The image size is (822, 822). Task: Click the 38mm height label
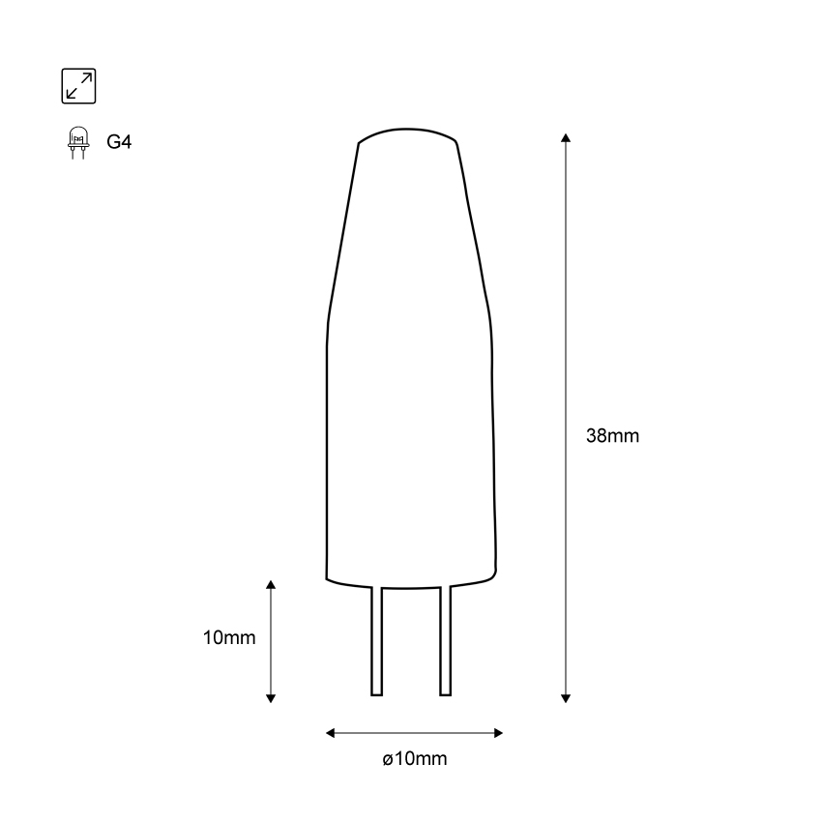click(612, 435)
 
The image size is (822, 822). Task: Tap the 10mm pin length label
click(229, 638)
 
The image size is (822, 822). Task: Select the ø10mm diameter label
click(414, 759)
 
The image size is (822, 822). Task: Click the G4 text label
click(119, 142)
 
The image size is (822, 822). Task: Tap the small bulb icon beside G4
click(77, 142)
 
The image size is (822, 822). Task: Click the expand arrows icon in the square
click(78, 85)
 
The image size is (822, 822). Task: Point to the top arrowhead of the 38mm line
click(566, 137)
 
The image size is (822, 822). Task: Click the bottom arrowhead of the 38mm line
click(566, 697)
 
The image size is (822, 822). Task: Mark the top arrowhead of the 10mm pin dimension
click(271, 585)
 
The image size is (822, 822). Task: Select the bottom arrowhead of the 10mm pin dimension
click(271, 697)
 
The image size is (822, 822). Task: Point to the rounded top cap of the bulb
click(407, 133)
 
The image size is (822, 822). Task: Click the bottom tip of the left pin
click(377, 693)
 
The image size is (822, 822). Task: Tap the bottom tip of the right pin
click(446, 693)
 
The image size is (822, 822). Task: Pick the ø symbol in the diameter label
click(386, 760)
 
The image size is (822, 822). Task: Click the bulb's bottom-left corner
click(328, 578)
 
